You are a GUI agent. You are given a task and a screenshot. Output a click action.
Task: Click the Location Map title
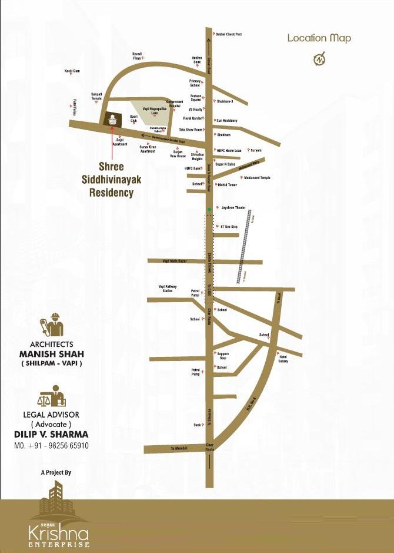[319, 38]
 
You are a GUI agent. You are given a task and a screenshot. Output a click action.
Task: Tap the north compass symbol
[319, 59]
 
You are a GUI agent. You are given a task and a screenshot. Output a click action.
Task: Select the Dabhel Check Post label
[229, 34]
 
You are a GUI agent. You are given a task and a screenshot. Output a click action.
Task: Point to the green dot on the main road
[208, 210]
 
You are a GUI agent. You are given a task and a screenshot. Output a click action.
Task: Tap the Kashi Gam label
[72, 71]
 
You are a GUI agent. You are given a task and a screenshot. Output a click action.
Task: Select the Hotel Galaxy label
[283, 359]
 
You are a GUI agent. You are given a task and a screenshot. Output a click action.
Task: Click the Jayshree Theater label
[233, 208]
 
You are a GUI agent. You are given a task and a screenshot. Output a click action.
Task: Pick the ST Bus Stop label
[228, 227]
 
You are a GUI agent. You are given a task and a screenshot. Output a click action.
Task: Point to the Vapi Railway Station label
[166, 288]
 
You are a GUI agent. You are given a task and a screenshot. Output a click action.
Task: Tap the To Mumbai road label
[179, 448]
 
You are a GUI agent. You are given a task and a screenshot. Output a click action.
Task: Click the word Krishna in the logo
[59, 534]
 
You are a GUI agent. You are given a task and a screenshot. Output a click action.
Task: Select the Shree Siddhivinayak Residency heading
[111, 180]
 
